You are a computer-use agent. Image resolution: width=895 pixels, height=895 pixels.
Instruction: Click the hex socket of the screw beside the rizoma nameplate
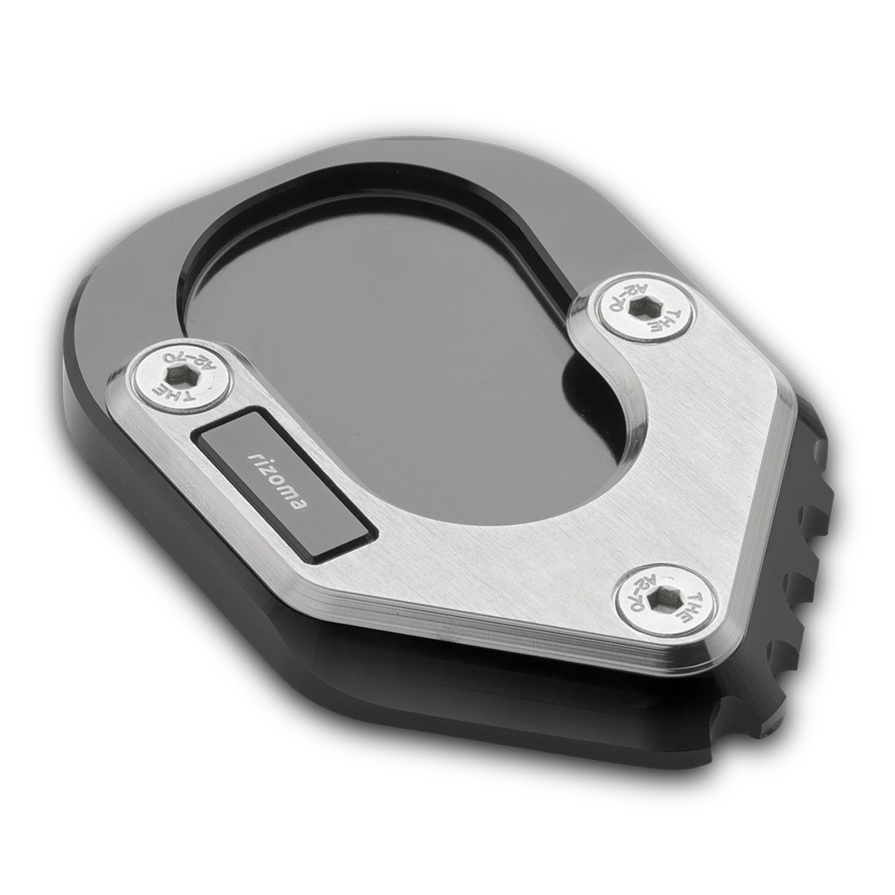[x=178, y=372]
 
